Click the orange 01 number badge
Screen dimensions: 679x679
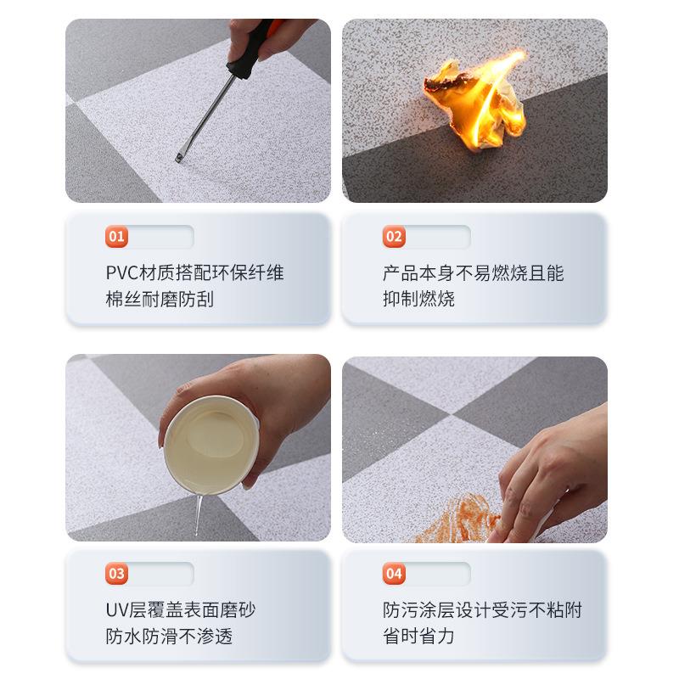(x=117, y=237)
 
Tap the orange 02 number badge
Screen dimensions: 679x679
(x=394, y=237)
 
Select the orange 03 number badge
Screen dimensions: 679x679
(x=117, y=574)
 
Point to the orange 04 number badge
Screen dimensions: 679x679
(x=394, y=574)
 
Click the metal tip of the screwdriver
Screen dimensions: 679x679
(x=181, y=156)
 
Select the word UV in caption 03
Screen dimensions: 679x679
(x=116, y=610)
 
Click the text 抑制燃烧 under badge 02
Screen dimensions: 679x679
(x=418, y=299)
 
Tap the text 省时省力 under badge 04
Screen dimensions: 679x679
(x=418, y=636)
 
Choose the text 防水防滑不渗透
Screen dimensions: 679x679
(x=169, y=636)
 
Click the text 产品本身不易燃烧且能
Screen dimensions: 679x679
(x=473, y=273)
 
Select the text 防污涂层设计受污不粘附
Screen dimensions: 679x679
(x=482, y=610)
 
